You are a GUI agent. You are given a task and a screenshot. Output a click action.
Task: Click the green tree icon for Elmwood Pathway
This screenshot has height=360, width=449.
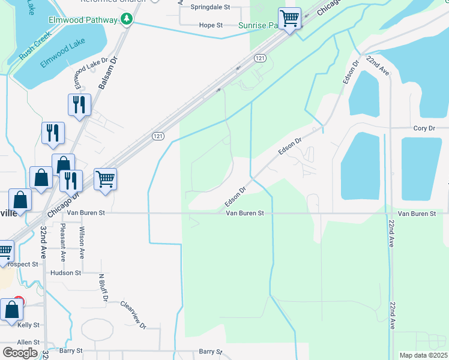click(126, 20)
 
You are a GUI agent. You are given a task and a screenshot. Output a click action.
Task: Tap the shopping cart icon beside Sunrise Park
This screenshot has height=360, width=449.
click(289, 19)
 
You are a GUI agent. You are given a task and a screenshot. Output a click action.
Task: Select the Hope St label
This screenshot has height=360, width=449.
click(211, 25)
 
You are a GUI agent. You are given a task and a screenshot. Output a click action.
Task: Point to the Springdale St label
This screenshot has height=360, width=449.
click(210, 8)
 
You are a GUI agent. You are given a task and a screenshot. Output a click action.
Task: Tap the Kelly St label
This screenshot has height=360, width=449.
click(28, 325)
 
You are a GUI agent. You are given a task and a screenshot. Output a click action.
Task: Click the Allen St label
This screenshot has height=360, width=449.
click(28, 342)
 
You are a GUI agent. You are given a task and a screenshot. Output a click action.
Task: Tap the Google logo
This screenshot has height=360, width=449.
click(20, 353)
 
